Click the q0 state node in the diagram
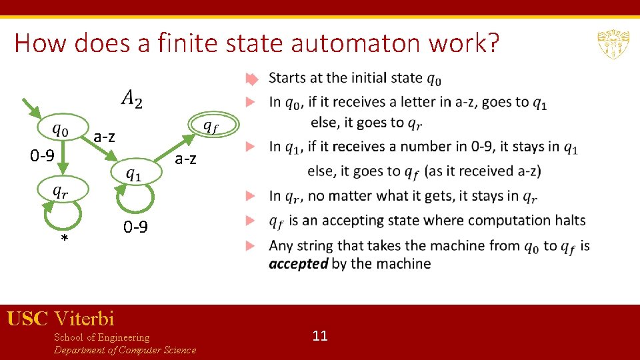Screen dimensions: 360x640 61,129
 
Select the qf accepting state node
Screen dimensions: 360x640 209,125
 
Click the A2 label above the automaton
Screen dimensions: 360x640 131,99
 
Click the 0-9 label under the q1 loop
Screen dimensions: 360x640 135,227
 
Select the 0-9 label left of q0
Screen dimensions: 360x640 42,156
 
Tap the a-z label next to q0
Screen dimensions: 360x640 104,137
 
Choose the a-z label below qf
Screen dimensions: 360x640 185,159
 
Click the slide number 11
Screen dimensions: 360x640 320,335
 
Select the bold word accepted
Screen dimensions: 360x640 298,263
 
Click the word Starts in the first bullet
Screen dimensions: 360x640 287,78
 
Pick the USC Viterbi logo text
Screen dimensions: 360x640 61,318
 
